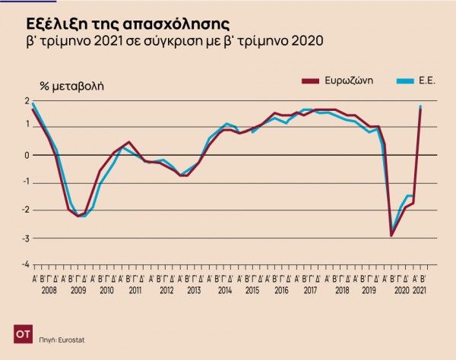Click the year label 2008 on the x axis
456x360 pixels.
[49, 290]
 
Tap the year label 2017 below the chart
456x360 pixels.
[309, 290]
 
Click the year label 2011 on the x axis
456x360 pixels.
[135, 290]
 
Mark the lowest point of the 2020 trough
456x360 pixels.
[391, 235]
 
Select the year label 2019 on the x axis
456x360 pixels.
[368, 290]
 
